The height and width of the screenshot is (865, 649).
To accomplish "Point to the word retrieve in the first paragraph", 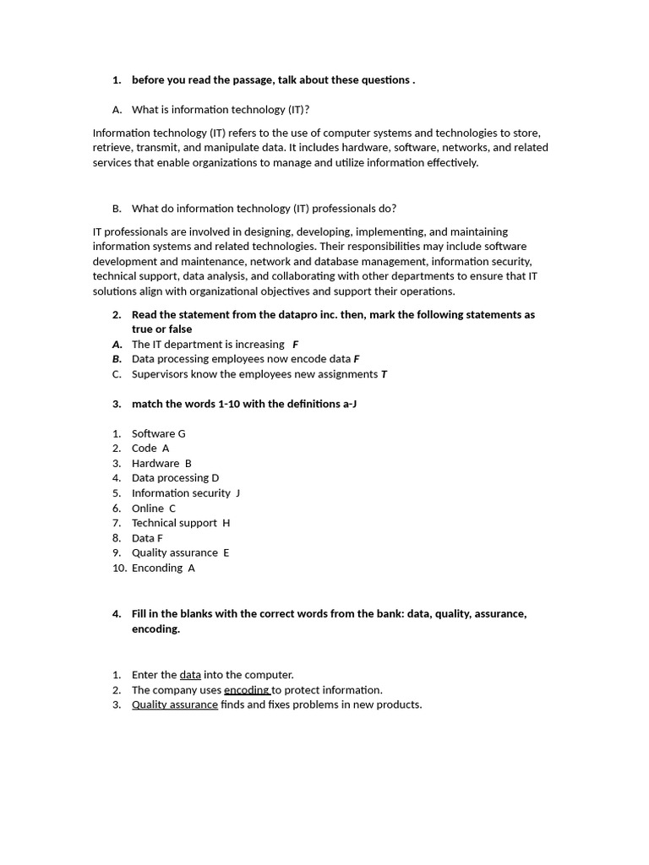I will click(x=113, y=148).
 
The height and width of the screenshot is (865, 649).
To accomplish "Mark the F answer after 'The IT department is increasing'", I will click(x=295, y=345).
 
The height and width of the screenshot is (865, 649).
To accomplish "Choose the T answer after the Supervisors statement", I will click(x=384, y=374).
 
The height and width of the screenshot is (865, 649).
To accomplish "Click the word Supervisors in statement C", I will click(x=160, y=374).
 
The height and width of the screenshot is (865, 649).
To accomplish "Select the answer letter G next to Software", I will click(x=182, y=434).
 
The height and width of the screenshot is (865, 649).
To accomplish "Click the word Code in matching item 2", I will click(x=144, y=449).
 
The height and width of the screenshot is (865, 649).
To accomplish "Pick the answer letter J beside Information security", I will click(x=238, y=493).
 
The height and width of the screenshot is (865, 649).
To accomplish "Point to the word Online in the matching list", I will click(x=148, y=509).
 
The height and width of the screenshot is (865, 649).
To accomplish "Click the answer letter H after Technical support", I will click(x=226, y=523).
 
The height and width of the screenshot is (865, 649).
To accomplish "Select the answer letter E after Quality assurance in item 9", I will click(x=226, y=553).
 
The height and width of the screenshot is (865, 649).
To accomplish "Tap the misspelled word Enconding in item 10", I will click(x=157, y=569).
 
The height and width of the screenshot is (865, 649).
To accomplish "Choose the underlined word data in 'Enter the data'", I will click(x=190, y=675).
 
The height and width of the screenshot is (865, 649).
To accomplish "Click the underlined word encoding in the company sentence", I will click(x=246, y=690).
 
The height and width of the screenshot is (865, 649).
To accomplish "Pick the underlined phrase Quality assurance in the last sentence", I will click(x=175, y=705).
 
